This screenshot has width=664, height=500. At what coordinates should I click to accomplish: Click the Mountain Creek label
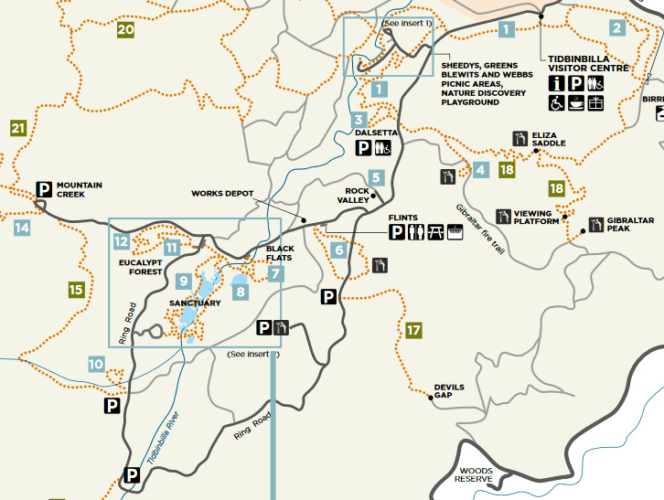[x=79, y=189]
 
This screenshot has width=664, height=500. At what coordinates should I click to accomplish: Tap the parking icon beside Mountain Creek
[x=43, y=189]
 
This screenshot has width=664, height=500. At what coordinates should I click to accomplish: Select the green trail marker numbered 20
[x=125, y=30]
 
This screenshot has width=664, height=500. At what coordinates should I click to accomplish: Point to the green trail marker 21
[x=18, y=128]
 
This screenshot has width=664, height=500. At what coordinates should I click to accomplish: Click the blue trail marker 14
[x=23, y=228]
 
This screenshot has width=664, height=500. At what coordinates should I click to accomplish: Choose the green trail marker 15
[x=76, y=290]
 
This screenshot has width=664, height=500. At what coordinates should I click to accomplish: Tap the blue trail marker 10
[x=96, y=364]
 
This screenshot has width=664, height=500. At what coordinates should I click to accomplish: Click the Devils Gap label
[x=449, y=391]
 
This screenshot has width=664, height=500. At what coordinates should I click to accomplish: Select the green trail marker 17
[x=413, y=330]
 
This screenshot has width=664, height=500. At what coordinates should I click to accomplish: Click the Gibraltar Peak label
[x=612, y=224]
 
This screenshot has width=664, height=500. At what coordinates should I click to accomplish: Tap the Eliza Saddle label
[x=549, y=139]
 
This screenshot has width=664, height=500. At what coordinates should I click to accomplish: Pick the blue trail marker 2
[x=616, y=27]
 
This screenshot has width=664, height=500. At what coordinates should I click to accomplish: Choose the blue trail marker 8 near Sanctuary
[x=241, y=292]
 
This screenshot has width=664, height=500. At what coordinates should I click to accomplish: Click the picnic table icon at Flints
[x=435, y=233]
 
